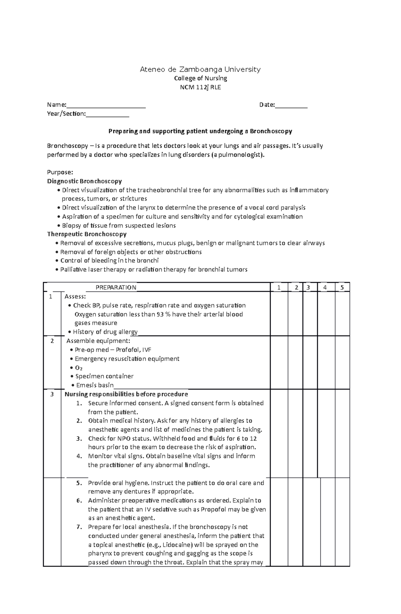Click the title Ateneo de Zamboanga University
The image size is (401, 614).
pyautogui.click(x=200, y=70)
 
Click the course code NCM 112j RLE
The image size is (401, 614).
pyautogui.click(x=200, y=87)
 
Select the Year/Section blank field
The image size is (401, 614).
pyautogui.click(x=107, y=114)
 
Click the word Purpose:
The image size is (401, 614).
pyautogui.click(x=60, y=172)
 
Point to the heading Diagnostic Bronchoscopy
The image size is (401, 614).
pyautogui.click(x=84, y=181)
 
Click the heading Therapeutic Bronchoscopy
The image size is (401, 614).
pyautogui.click(x=87, y=234)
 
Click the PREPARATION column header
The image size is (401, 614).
pyautogui.click(x=116, y=287)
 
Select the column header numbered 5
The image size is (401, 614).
pyautogui.click(x=342, y=287)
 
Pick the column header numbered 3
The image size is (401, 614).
pyautogui.click(x=308, y=287)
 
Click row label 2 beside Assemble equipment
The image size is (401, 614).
pyautogui.click(x=52, y=341)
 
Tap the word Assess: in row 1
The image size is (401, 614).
pyautogui.click(x=75, y=296)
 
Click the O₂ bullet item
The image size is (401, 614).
pyautogui.click(x=79, y=368)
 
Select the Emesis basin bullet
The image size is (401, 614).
pyautogui.click(x=95, y=385)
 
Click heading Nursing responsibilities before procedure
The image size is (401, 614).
pyautogui.click(x=126, y=394)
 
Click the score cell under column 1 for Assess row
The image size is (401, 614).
pyautogui.click(x=279, y=314)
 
